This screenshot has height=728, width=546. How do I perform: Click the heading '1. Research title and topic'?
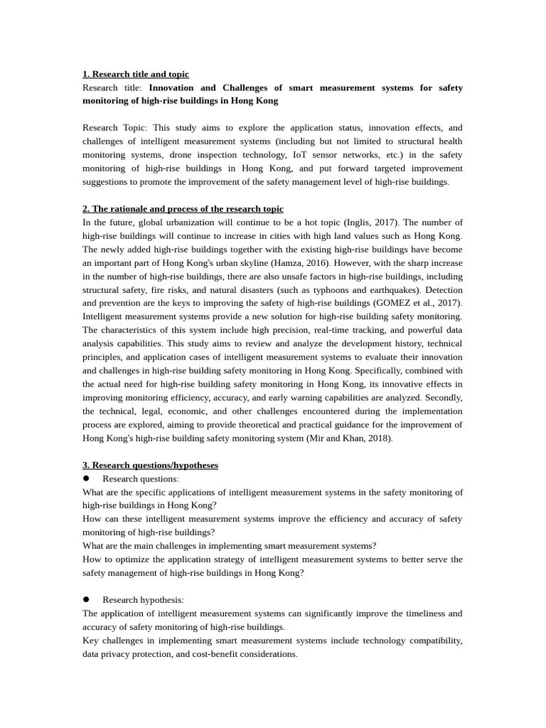[x=136, y=74]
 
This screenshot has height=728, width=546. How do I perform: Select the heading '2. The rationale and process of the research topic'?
[x=183, y=208]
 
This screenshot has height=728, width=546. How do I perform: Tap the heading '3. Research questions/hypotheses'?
[x=150, y=465]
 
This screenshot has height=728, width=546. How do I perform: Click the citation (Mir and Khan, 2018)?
[x=349, y=438]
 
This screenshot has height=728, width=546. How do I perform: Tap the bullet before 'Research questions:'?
[x=86, y=479]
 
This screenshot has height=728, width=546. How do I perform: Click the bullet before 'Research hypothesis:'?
[x=86, y=600]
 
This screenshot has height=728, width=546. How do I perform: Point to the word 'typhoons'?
[x=343, y=290]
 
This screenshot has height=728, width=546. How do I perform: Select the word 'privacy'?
[x=120, y=653]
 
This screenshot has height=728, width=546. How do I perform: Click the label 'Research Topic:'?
[x=115, y=128]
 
